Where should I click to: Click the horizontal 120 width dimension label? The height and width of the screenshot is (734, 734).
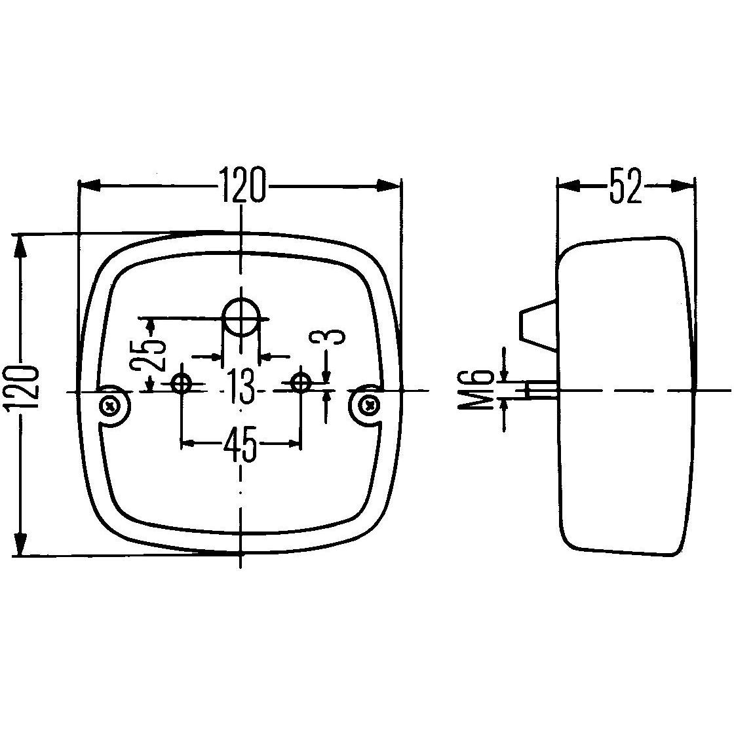[x=242, y=185]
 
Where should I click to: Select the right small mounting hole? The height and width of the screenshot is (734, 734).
[x=301, y=382]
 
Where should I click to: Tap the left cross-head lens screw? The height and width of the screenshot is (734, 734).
[x=109, y=406]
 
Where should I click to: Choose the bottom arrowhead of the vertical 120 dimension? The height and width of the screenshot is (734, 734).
[x=22, y=543]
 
